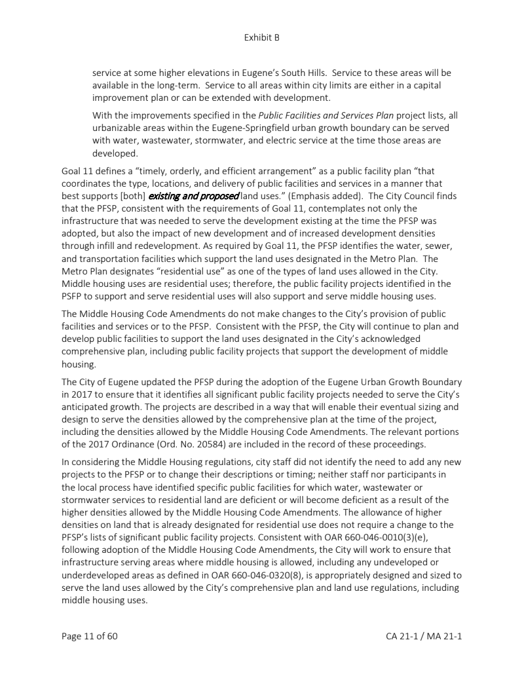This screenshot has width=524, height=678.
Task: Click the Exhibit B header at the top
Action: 261,37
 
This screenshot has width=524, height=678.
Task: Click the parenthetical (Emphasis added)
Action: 305,196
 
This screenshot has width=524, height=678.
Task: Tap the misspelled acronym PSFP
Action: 74,295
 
